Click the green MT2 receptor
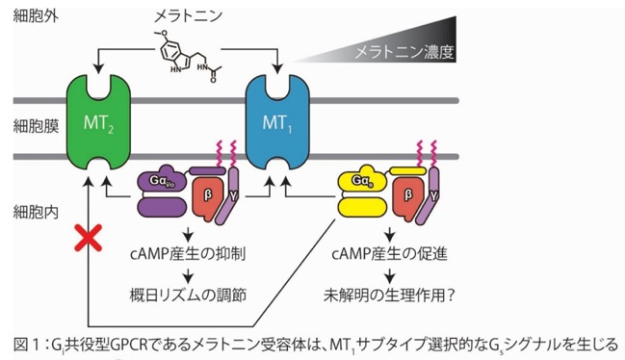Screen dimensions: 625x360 (98, 122)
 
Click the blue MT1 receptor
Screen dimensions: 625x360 (277, 122)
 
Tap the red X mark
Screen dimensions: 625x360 (88, 238)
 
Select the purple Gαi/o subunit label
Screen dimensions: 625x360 (162, 181)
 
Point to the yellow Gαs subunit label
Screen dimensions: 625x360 (362, 180)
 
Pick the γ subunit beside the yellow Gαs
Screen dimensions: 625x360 (429, 196)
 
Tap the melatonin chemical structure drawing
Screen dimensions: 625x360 (189, 56)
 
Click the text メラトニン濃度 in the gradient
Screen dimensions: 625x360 (404, 52)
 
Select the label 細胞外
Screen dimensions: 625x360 (36, 16)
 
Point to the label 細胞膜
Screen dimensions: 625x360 (36, 126)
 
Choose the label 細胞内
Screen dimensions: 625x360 (36, 212)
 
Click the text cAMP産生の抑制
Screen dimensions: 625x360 (188, 254)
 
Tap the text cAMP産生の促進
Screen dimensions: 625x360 (389, 254)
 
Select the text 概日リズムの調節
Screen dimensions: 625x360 (188, 296)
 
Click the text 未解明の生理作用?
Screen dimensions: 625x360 (389, 296)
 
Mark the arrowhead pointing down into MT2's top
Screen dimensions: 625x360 (98, 69)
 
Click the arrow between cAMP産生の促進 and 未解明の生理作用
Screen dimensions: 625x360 (389, 274)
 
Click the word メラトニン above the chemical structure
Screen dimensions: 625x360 (188, 16)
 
